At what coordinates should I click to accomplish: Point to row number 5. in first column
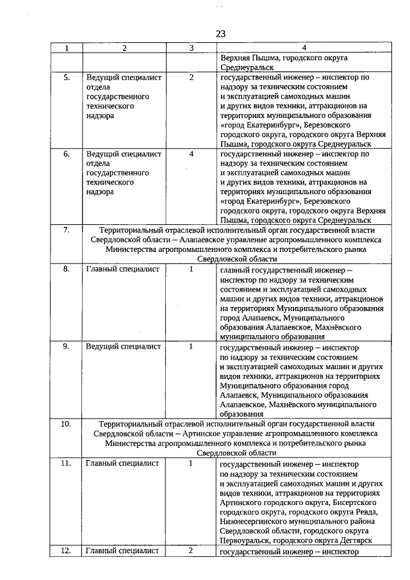coord(67,78)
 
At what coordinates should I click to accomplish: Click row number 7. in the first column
coord(67,230)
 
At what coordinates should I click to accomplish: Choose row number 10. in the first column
coord(67,424)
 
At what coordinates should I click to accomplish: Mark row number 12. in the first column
coord(67,551)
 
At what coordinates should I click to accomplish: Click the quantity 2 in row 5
coord(192,78)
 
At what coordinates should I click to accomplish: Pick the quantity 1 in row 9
coord(192,347)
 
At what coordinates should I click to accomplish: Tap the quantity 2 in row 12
coord(192,551)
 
